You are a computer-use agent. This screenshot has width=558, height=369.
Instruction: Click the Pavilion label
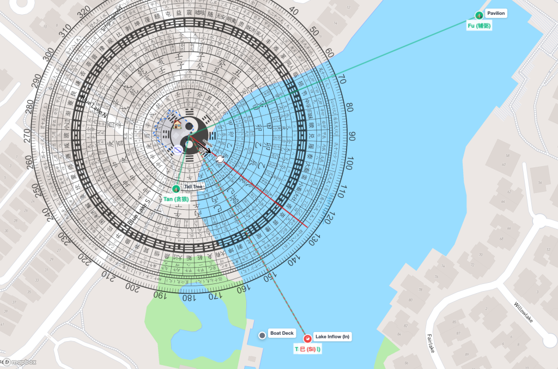tap(496, 13)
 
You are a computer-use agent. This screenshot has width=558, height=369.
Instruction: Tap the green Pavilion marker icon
tap(479, 15)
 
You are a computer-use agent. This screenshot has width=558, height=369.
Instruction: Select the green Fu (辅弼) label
tap(480, 26)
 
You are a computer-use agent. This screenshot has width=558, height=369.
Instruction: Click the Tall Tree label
tap(194, 186)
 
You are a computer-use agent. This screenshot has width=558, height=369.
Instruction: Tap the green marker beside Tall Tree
tap(176, 189)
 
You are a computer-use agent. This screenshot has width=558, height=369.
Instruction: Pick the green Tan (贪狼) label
tap(176, 199)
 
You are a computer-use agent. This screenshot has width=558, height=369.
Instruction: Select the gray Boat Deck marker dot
tap(262, 335)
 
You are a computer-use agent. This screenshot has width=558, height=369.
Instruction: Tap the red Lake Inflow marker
tap(307, 338)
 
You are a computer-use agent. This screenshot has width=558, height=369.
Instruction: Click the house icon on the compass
tap(178, 125)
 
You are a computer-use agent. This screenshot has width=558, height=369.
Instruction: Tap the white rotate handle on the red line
tap(220, 159)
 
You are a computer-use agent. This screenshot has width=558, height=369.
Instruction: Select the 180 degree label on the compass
tap(187, 299)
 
